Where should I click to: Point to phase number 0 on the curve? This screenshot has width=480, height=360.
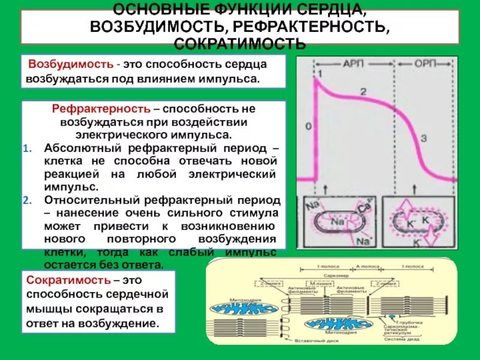(x=309, y=127)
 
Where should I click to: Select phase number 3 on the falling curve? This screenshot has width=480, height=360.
(x=423, y=139)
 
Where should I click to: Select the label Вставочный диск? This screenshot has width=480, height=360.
(x=306, y=341)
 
